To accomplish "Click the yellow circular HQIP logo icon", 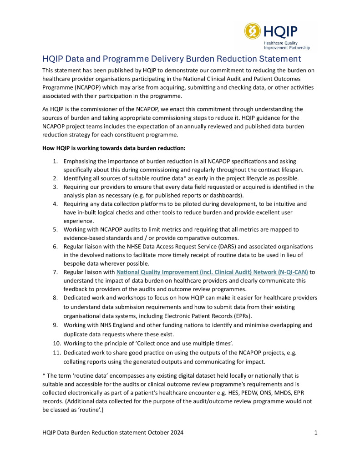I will pos(253,31).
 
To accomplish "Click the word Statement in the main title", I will pos(278,59).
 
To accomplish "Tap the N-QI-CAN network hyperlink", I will pos(212,272).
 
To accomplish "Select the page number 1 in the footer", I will pos(316,433).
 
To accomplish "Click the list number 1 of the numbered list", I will pos(55,162).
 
